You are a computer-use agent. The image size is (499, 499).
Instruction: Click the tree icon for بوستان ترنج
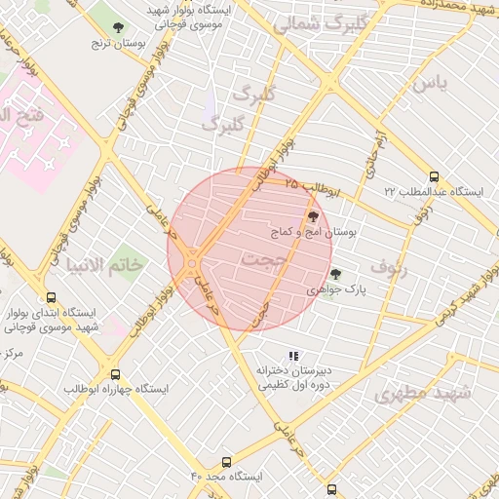pyautogui.click(x=119, y=28)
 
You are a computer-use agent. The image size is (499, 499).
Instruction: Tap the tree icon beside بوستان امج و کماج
pyautogui.click(x=313, y=216)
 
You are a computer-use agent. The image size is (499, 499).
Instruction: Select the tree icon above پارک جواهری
pyautogui.click(x=336, y=275)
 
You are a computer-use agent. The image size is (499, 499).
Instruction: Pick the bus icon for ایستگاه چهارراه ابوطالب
pyautogui.click(x=116, y=374)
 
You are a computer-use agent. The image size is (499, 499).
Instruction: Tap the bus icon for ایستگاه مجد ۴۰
pyautogui.click(x=227, y=462)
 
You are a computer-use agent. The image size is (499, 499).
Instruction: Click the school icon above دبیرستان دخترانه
pyautogui.click(x=294, y=356)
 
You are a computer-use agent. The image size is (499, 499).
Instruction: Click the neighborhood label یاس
pyautogui.click(x=430, y=85)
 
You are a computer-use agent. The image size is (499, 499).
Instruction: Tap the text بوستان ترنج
pyautogui.click(x=111, y=43)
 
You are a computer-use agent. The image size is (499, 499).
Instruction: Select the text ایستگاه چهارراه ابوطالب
pyautogui.click(x=116, y=389)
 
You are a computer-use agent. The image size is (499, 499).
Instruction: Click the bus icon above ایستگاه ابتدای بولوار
pyautogui.click(x=51, y=299)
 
